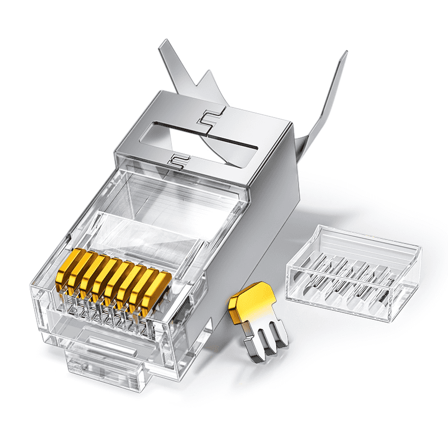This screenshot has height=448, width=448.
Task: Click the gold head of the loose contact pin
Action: [249, 305]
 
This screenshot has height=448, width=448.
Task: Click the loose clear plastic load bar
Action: [353, 272]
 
